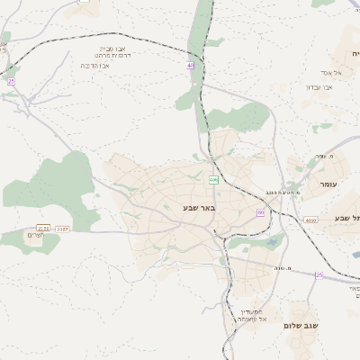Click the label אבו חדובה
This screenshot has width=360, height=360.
(x=95, y=66)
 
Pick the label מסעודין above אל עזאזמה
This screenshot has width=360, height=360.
(x=249, y=310)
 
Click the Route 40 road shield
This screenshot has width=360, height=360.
(x=190, y=66)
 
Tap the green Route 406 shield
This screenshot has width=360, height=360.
(x=213, y=180)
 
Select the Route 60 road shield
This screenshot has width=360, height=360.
(x=260, y=212)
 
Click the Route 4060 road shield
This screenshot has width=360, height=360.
(x=310, y=219)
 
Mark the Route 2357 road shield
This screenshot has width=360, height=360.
(x=62, y=229)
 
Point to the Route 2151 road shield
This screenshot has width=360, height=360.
(x=42, y=229)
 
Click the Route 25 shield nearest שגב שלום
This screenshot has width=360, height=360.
(x=318, y=274)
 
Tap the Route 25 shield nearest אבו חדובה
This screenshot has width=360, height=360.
(x=11, y=82)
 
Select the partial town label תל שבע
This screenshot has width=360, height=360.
(x=346, y=219)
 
